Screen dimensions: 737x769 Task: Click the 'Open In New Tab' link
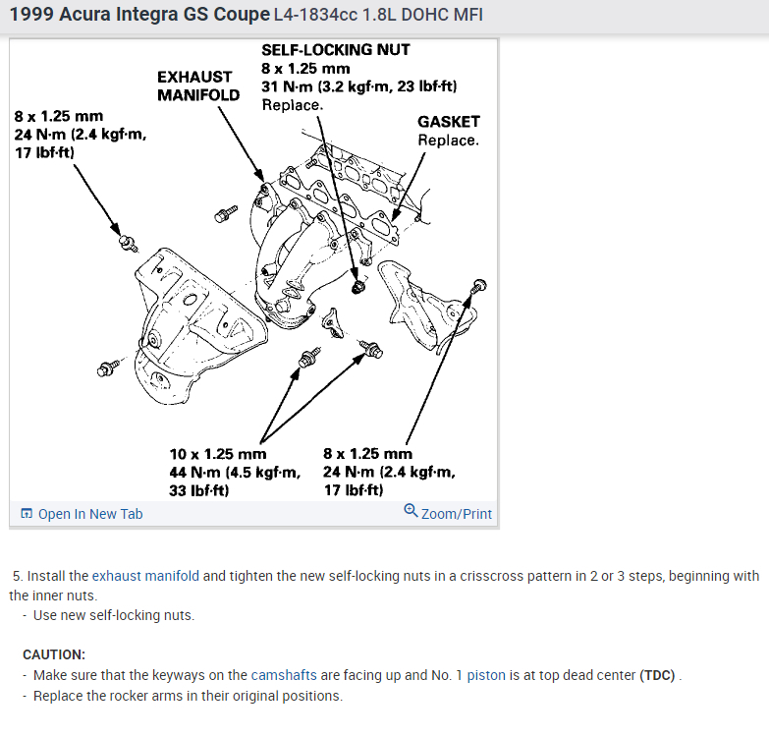tap(90, 514)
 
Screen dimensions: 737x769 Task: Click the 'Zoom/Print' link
tap(456, 514)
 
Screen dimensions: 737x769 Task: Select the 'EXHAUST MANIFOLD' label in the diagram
tap(198, 85)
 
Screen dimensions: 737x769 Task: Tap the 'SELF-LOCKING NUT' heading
tap(336, 49)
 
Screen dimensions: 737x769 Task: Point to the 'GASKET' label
tap(448, 122)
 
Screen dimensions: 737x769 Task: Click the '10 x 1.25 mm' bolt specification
tap(218, 454)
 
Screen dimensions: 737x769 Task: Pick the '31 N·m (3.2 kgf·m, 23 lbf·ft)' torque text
tap(359, 86)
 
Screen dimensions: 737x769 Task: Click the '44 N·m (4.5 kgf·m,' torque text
tap(235, 472)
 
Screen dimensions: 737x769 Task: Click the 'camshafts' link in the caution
tap(283, 675)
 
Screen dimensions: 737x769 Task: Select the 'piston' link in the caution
tap(486, 675)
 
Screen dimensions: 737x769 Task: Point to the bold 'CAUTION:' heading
tap(54, 654)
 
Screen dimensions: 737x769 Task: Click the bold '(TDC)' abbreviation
tap(658, 675)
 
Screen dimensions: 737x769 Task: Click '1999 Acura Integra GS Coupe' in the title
tap(138, 15)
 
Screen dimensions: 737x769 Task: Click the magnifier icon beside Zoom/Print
tap(411, 512)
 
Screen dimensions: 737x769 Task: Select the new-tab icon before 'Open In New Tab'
tap(27, 514)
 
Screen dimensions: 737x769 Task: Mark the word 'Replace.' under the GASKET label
tap(448, 140)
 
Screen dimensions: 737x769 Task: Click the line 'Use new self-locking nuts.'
tap(114, 615)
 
